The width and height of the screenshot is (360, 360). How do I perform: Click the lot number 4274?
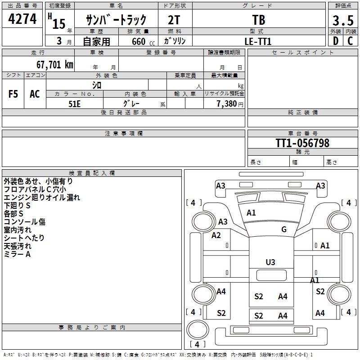click(22, 19)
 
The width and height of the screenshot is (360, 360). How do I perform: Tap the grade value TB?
click(259, 20)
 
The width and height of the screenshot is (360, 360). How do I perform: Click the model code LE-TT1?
click(259, 41)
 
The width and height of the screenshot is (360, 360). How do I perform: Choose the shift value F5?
click(13, 94)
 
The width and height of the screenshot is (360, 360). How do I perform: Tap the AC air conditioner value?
click(35, 94)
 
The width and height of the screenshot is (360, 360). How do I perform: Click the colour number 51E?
click(74, 103)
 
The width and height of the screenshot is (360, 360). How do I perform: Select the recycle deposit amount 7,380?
click(226, 103)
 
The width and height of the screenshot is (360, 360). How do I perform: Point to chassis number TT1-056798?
click(302, 143)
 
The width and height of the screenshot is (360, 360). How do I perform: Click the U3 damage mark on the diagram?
click(270, 262)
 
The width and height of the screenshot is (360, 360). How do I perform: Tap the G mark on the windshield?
click(284, 229)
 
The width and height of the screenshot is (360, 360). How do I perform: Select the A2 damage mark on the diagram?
click(216, 235)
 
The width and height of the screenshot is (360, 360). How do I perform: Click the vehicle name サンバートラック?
click(117, 20)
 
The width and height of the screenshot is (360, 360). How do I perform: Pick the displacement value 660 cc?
click(139, 41)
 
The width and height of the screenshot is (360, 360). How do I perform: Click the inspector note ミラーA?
click(17, 254)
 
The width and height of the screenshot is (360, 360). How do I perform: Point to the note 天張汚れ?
click(18, 246)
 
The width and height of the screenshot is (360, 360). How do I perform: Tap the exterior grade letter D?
click(335, 41)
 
